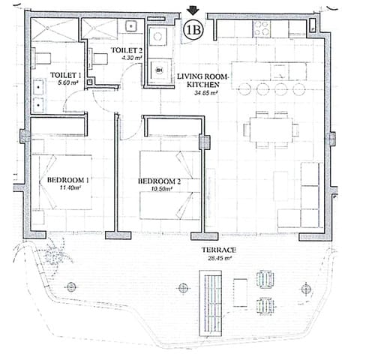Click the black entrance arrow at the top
(193, 10)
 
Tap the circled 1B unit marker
(193, 30)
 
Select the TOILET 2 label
(126, 49)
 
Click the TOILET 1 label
(64, 76)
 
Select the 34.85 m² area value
(205, 94)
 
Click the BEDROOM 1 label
(67, 181)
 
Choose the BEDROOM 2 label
(159, 181)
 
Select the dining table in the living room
(270, 130)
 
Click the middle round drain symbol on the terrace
(182, 286)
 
